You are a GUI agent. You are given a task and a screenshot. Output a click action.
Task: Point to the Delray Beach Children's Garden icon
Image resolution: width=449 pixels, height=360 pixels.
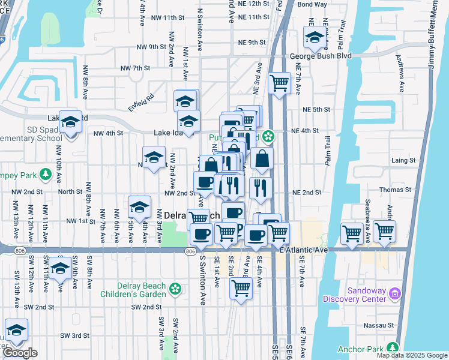tap(174, 289)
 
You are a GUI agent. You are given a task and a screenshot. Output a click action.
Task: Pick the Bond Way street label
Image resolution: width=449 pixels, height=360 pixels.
tap(312, 4)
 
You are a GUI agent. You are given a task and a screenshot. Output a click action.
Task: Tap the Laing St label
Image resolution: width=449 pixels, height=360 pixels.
tap(403, 161)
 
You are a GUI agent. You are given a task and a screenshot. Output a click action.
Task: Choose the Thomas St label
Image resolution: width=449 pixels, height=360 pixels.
tap(399, 190)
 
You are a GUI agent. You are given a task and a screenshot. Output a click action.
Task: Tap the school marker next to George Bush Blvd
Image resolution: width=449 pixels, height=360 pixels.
tap(314, 38)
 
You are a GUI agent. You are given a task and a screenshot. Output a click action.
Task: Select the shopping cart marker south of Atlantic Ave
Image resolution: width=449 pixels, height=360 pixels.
tap(241, 288)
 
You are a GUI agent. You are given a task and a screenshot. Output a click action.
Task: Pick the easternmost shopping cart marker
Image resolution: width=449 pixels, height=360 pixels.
tap(384, 230)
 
